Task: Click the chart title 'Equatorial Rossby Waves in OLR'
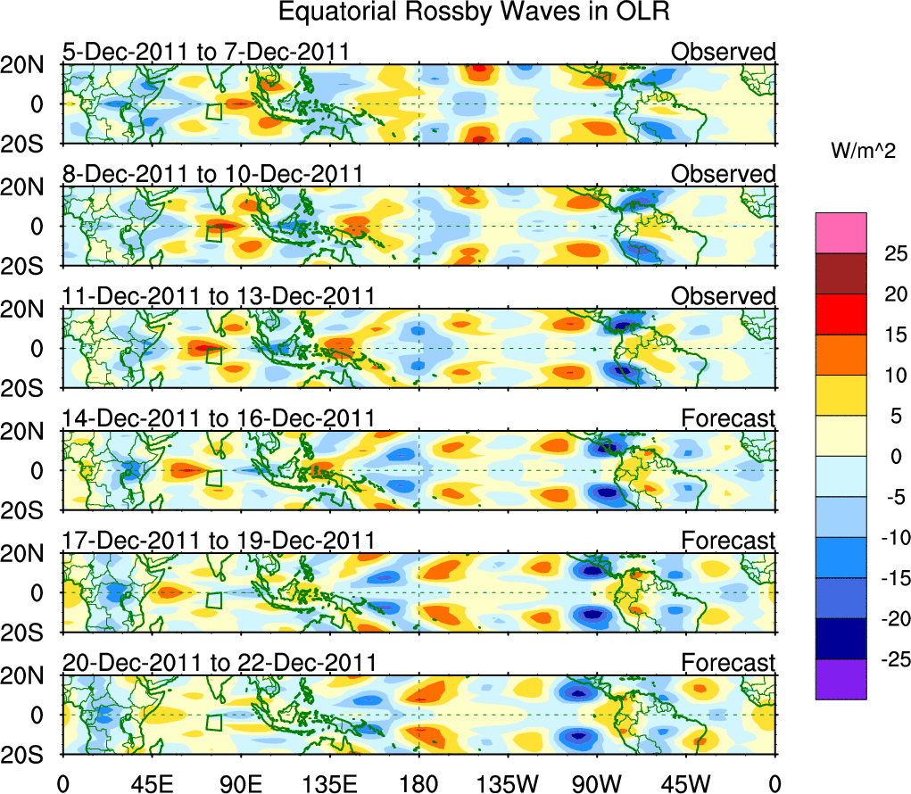(474, 12)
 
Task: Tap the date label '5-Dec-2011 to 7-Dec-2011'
(205, 52)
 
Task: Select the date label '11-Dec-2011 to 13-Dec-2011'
(218, 296)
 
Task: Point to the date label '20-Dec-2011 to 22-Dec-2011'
(218, 663)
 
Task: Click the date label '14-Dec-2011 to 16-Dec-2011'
(218, 418)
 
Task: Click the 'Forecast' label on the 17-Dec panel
(728, 541)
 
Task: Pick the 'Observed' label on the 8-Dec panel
(723, 174)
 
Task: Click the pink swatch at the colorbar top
(840, 233)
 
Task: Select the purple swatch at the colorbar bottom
(840, 679)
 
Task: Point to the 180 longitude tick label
(419, 782)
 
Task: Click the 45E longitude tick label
(152, 782)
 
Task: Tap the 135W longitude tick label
(508, 782)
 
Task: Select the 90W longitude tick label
(597, 782)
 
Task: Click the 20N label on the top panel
(29, 65)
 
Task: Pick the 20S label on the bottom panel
(29, 755)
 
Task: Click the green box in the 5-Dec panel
(214, 112)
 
